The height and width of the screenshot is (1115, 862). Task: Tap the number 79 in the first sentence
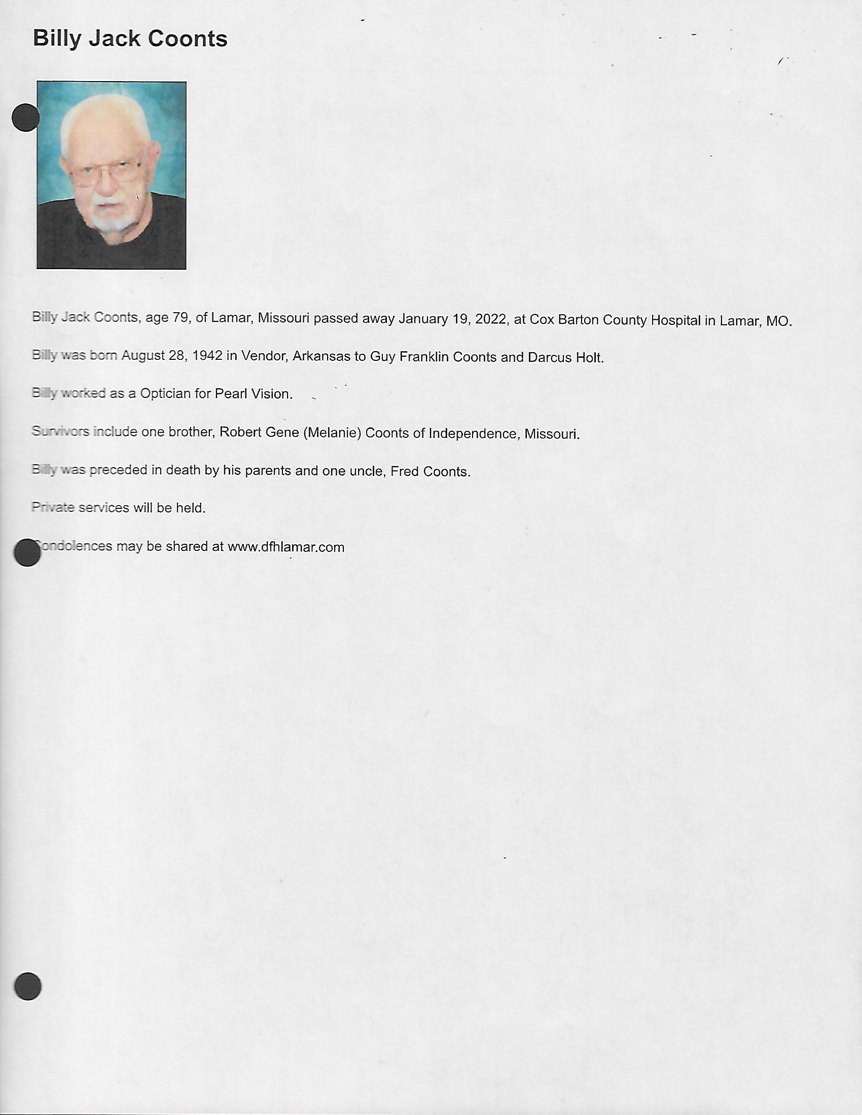click(182, 318)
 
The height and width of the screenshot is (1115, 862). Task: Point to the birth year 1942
click(207, 355)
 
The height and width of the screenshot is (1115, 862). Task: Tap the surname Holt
click(590, 358)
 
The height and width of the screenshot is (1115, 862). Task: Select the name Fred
click(405, 471)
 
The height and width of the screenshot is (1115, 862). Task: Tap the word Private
click(53, 507)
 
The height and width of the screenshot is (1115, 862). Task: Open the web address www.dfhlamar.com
click(286, 547)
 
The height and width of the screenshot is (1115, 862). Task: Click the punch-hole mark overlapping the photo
click(25, 118)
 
